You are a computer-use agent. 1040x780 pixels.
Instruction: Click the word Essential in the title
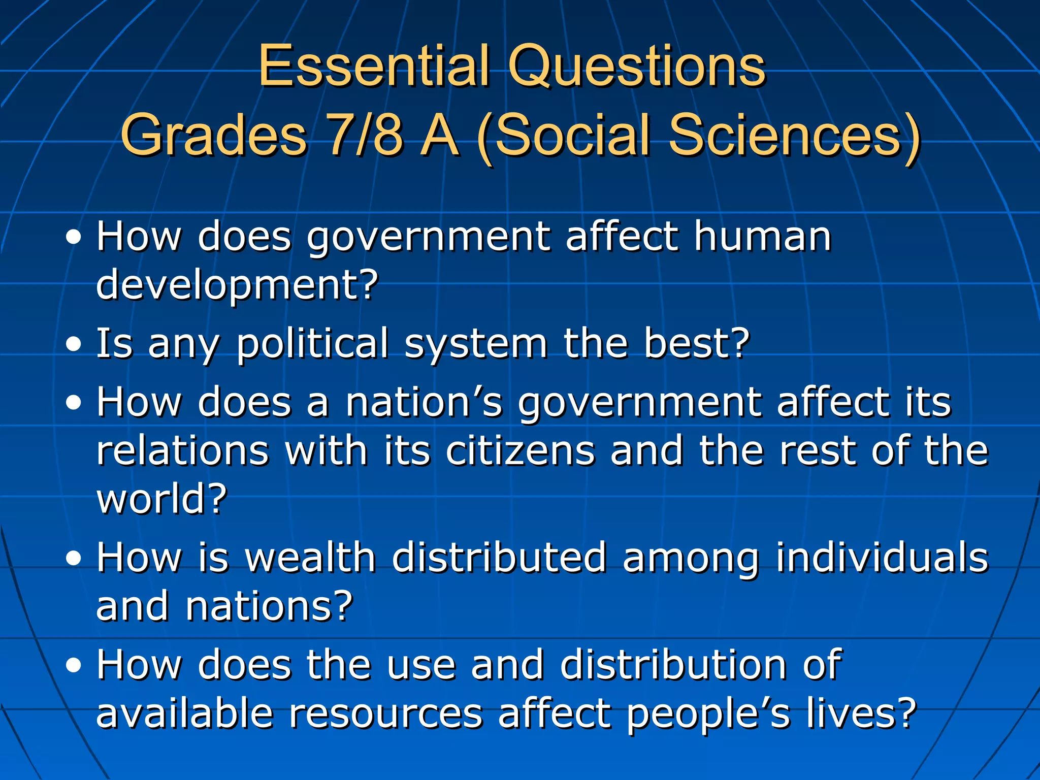point(374,66)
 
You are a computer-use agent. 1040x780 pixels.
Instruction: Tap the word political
point(313,343)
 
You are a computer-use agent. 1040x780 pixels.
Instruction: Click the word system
point(476,344)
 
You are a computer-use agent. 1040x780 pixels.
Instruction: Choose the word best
point(696,343)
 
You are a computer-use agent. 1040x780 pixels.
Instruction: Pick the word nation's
point(424,402)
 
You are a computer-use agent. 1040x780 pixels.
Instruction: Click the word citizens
point(520,450)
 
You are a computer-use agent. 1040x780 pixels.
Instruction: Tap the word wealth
point(310,557)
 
